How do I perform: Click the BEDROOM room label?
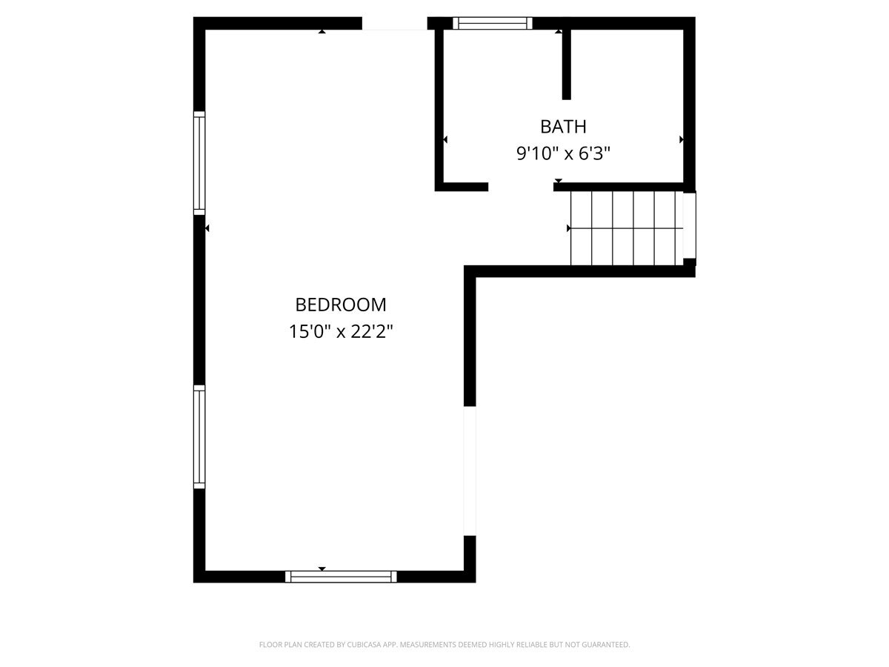click(341, 305)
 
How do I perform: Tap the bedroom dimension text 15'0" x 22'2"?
click(341, 332)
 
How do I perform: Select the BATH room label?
click(563, 127)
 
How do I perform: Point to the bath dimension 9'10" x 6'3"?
click(563, 153)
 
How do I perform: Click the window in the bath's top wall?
click(492, 24)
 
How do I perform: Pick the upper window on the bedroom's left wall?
click(199, 163)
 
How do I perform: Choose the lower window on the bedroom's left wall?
click(199, 437)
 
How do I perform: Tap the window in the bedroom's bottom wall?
click(341, 577)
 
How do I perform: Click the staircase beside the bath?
click(627, 228)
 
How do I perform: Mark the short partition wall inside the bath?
click(567, 64)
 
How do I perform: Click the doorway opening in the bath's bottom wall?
click(521, 187)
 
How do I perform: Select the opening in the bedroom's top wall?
click(394, 24)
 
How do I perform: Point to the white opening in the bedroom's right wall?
click(470, 471)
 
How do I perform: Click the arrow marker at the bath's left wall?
click(445, 140)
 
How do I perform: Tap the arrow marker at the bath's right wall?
click(682, 140)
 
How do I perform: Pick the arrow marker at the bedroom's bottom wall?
click(322, 568)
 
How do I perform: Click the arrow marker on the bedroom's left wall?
click(207, 228)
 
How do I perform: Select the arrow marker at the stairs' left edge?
click(569, 228)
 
